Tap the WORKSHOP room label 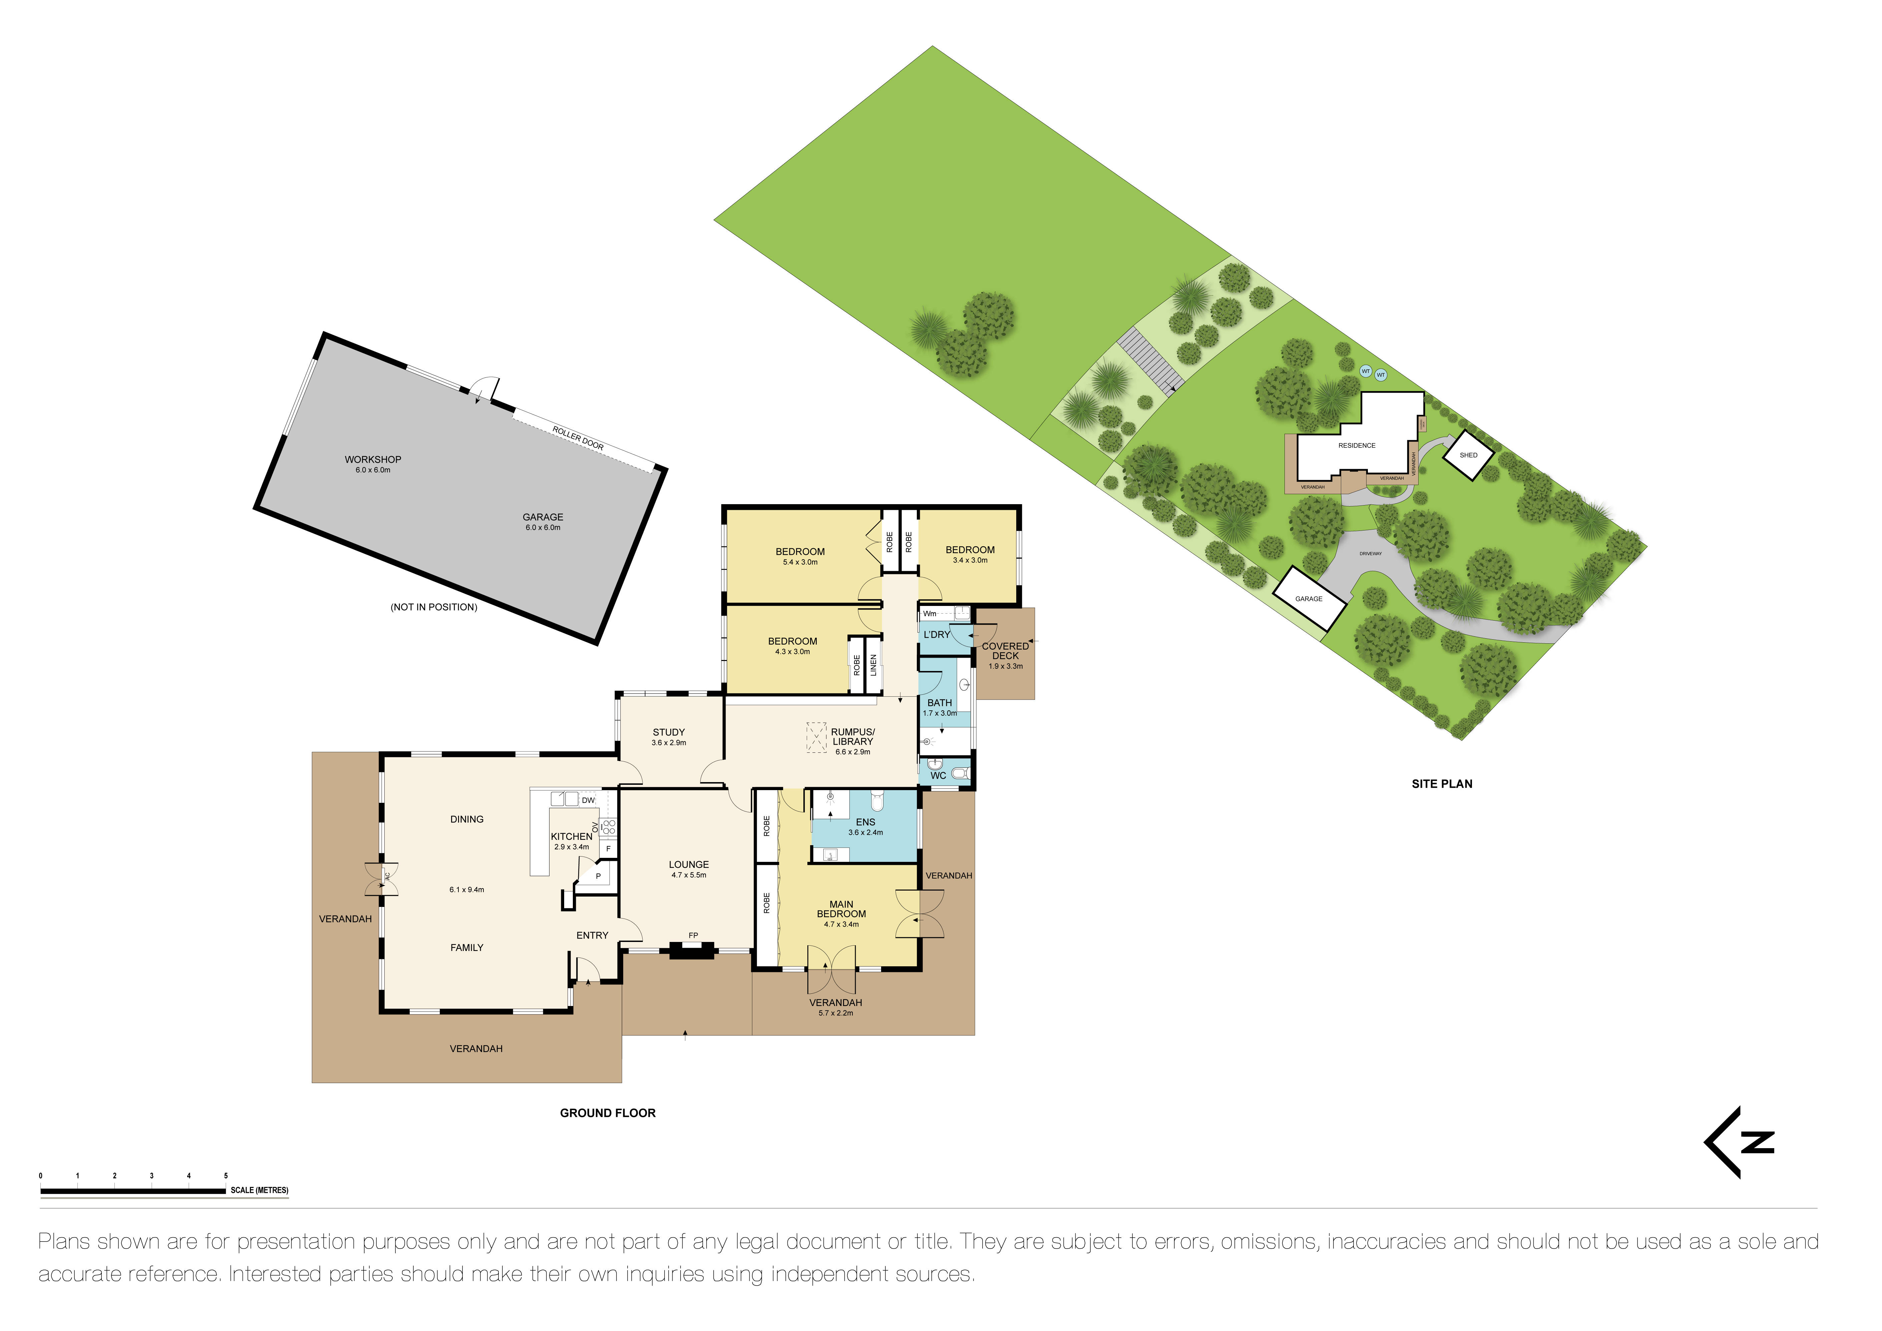[x=373, y=460]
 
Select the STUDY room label [x=669, y=733]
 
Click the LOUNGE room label [x=689, y=865]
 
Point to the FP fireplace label [x=694, y=935]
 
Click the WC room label [x=938, y=775]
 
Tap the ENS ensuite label [x=865, y=822]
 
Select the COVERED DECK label [x=1006, y=651]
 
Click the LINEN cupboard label [x=874, y=665]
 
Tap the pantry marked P [x=599, y=876]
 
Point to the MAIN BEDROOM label [x=841, y=909]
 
